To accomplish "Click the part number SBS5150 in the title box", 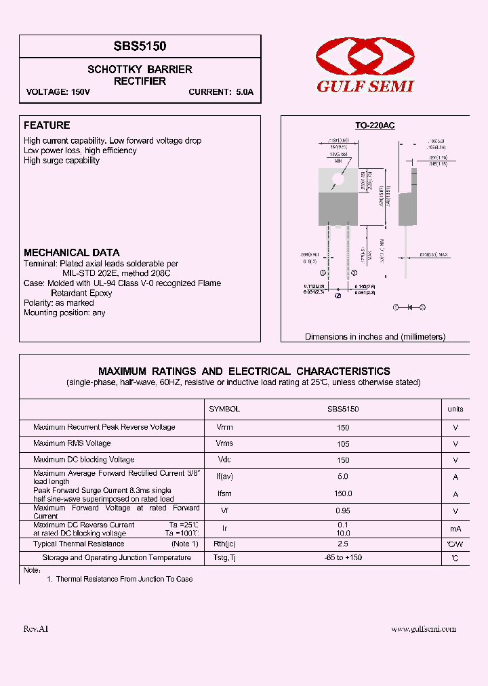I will coord(140,46).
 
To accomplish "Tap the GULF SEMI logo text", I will coord(366,86).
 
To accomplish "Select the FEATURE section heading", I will coord(47,125).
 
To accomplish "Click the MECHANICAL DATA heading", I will coord(72,253).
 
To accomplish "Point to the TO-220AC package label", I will coord(375,126).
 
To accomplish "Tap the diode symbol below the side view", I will coord(409,307).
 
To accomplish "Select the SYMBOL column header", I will coord(224,409).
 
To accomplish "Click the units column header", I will coord(455,409).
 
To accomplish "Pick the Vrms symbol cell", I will coord(224,443).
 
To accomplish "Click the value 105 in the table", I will coord(343,444).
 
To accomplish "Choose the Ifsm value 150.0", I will coord(343,494).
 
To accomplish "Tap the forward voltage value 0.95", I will coord(343,512).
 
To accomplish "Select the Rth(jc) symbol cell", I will coord(224,544).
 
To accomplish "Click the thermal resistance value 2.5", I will coord(343,544).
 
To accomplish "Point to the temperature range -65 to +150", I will coord(343,558).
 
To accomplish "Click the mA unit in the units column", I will coord(455,529).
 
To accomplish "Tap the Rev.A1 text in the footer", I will coord(36,629).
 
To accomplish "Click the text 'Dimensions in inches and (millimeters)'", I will coord(375,337).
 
